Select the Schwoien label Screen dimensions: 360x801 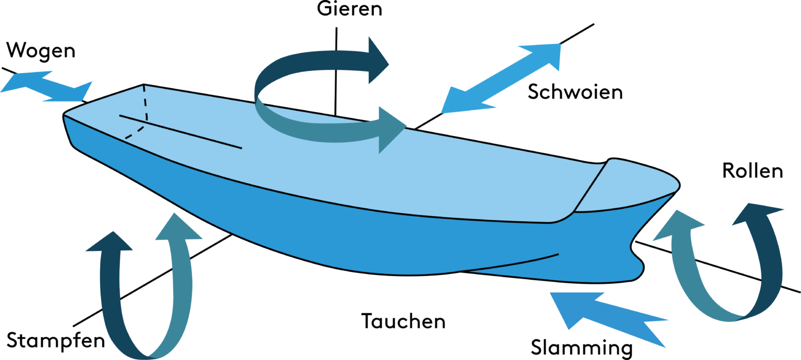[x=575, y=92]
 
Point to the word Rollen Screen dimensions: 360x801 [x=753, y=171]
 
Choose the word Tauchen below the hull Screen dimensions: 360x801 [x=404, y=321]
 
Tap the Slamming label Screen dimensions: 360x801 [x=581, y=347]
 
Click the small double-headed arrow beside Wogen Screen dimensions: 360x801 [x=47, y=86]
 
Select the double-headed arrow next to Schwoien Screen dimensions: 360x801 [x=501, y=78]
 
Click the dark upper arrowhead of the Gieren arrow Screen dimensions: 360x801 [x=377, y=61]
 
